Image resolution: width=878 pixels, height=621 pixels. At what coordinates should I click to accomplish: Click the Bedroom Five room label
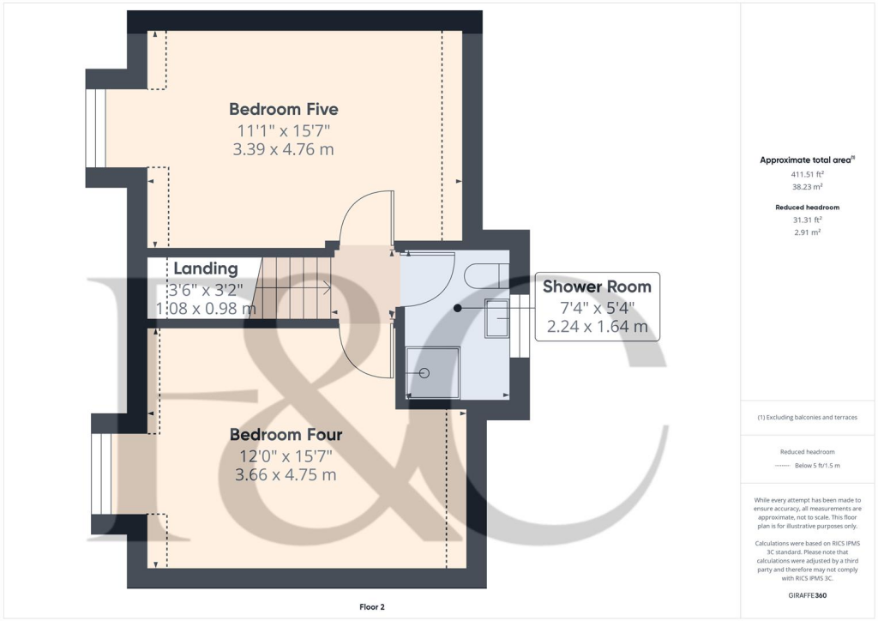pos(283,109)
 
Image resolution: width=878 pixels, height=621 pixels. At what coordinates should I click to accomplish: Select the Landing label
pos(205,269)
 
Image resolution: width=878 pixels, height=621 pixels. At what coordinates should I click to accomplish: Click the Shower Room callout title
pos(597,286)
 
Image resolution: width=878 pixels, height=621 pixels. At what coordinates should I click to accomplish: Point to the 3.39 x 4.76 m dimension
pos(283,149)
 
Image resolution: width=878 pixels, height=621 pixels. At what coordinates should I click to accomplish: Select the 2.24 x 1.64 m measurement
pos(597,327)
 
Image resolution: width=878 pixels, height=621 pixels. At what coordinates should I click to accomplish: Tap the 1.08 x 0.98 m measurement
pos(205,308)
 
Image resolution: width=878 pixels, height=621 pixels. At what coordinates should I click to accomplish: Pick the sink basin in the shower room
pos(496,317)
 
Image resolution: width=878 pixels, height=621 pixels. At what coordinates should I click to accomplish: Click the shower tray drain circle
pos(424,373)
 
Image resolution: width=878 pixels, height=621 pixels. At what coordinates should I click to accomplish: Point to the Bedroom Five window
pos(94,128)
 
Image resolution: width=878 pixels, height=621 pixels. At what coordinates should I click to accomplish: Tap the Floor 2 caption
pos(371,607)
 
